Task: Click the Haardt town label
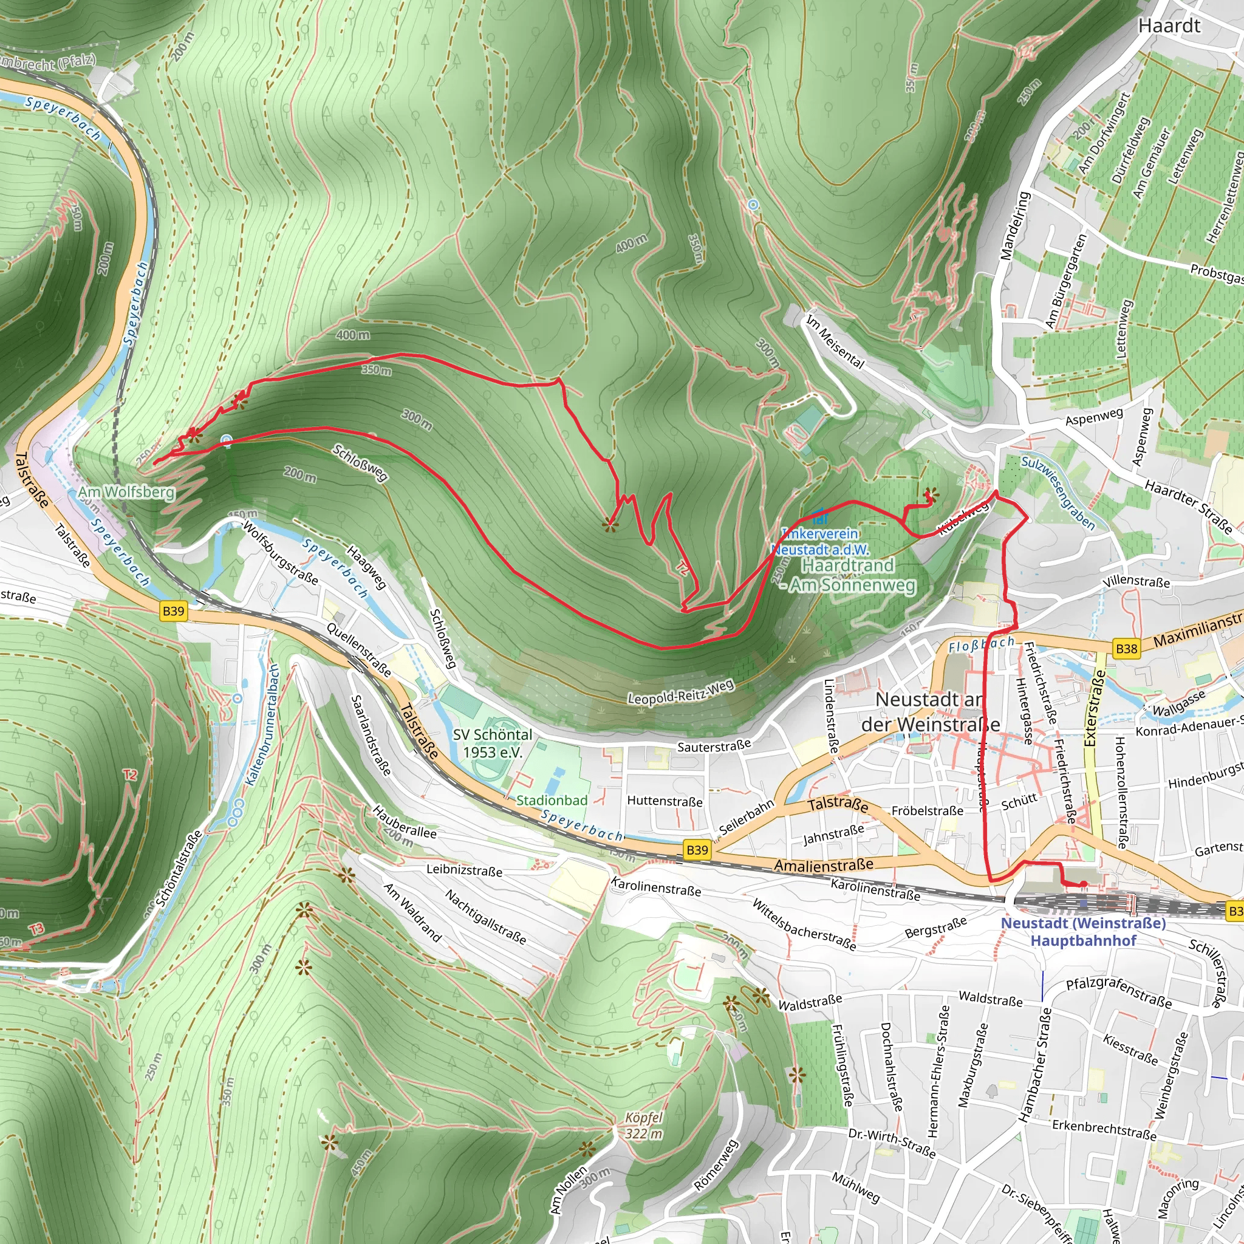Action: pyautogui.click(x=1169, y=26)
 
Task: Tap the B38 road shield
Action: pyautogui.click(x=1126, y=648)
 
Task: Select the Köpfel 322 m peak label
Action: pyautogui.click(x=643, y=1126)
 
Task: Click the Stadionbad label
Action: pyautogui.click(x=552, y=801)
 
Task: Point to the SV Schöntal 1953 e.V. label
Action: pyautogui.click(x=493, y=743)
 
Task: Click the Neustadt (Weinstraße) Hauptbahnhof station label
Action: pyautogui.click(x=1083, y=932)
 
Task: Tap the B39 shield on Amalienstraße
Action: pyautogui.click(x=697, y=850)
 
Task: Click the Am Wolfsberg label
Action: pyautogui.click(x=126, y=493)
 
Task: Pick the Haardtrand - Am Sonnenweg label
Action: pyautogui.click(x=848, y=575)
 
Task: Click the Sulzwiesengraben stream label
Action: pyautogui.click(x=1058, y=493)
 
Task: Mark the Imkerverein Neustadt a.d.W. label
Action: pyautogui.click(x=819, y=541)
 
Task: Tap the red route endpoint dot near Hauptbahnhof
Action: pyautogui.click(x=1083, y=884)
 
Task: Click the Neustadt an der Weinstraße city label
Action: pyautogui.click(x=930, y=711)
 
